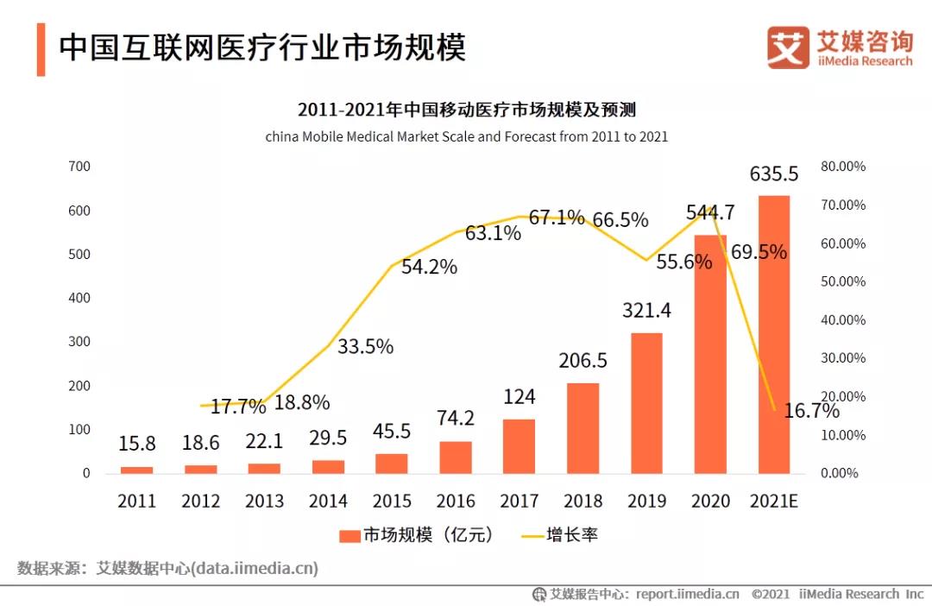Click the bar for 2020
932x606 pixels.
[710, 354]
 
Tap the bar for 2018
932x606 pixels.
[582, 428]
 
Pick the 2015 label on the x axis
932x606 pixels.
[392, 501]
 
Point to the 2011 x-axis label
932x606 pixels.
[136, 501]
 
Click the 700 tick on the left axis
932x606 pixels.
[79, 167]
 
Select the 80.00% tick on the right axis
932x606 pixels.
[843, 167]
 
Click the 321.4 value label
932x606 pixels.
[646, 310]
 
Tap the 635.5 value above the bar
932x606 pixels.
[774, 174]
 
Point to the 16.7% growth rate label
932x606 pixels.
[811, 411]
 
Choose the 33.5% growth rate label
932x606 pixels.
[365, 347]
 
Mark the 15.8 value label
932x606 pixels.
[136, 444]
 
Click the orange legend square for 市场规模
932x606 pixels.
[349, 535]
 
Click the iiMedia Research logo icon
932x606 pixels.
[788, 47]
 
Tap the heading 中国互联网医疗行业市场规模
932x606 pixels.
[262, 48]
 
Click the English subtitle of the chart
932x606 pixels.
[466, 136]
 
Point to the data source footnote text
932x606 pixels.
[168, 568]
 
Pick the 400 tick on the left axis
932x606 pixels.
[79, 298]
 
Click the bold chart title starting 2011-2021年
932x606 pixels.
[466, 110]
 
